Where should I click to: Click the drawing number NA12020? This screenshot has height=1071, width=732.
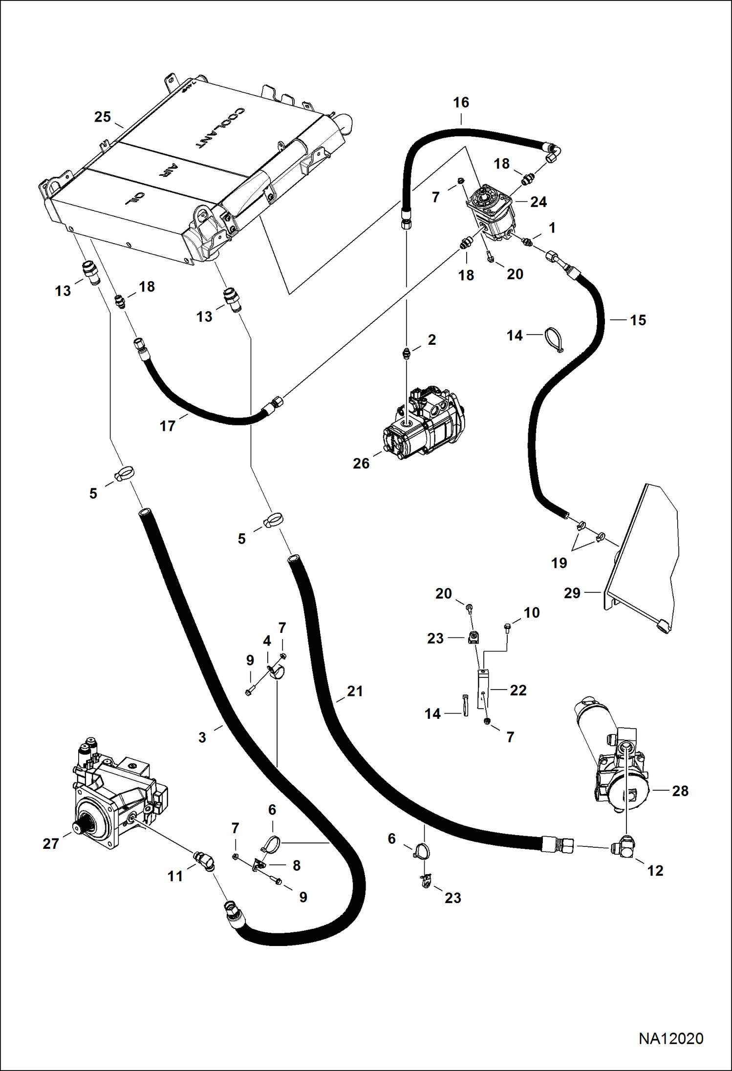(670, 1038)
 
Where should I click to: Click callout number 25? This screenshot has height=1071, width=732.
(103, 117)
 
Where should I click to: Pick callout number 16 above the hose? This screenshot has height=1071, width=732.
(461, 103)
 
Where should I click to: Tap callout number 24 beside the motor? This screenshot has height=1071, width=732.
(538, 202)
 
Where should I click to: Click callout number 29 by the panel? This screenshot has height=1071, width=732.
(572, 593)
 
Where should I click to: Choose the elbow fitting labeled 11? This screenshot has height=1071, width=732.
(204, 861)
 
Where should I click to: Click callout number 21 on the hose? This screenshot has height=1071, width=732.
(355, 691)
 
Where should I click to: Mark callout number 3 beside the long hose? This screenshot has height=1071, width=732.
(202, 737)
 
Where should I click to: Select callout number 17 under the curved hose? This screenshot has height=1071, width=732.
(167, 426)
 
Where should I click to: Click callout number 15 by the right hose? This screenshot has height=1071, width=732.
(638, 320)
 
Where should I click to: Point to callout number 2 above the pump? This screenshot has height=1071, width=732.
(431, 340)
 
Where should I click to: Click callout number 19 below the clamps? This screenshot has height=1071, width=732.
(559, 563)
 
